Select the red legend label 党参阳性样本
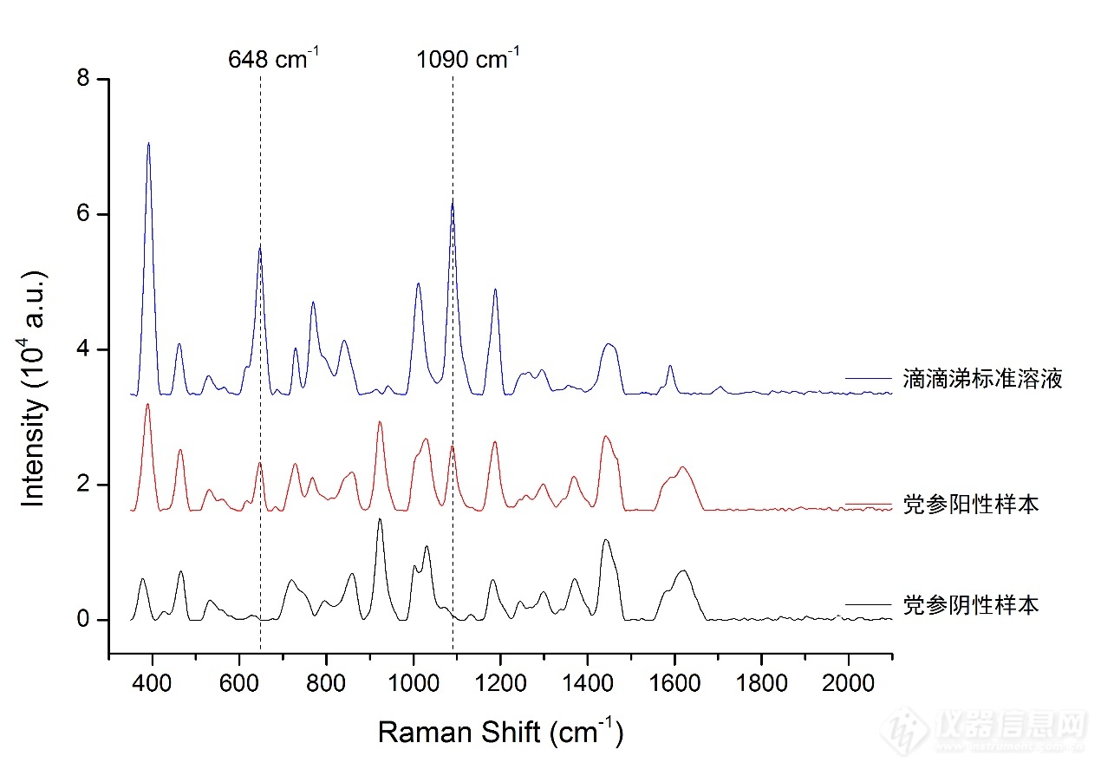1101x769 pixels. pos(970,505)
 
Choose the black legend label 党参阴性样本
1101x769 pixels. pos(970,604)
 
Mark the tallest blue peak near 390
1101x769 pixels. pos(148,143)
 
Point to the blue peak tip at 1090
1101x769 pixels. pos(453,200)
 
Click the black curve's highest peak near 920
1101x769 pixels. pos(380,518)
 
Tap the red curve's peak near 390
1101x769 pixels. pos(147,404)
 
